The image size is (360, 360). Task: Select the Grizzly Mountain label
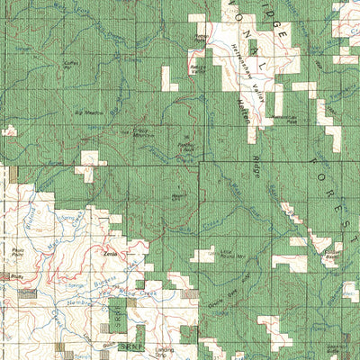click(x=145, y=132)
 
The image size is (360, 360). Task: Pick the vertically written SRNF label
click(x=115, y=316)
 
